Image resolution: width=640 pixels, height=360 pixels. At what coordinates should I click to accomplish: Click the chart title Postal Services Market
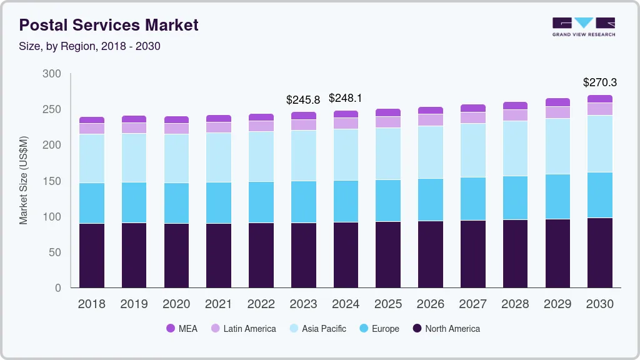tap(109, 25)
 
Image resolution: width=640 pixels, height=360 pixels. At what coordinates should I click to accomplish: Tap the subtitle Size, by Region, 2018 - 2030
tap(89, 46)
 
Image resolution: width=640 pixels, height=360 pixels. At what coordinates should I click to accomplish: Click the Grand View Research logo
tap(583, 26)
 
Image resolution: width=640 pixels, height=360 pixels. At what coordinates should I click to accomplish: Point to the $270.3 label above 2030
tap(599, 82)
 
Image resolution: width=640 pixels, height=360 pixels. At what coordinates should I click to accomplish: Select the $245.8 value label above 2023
tap(302, 99)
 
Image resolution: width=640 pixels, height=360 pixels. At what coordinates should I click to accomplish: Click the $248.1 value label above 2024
tap(345, 98)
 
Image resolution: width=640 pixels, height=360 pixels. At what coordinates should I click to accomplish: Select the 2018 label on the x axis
tap(91, 304)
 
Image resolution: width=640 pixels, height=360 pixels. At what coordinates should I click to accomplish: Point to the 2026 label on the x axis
tap(430, 304)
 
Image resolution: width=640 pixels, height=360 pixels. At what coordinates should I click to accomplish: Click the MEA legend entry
tap(181, 329)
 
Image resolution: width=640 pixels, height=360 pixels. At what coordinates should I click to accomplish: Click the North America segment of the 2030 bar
tap(599, 252)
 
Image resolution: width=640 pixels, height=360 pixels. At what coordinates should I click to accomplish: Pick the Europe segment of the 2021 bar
tap(218, 202)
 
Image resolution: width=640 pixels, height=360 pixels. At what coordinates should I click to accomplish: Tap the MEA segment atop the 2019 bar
tap(134, 119)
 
